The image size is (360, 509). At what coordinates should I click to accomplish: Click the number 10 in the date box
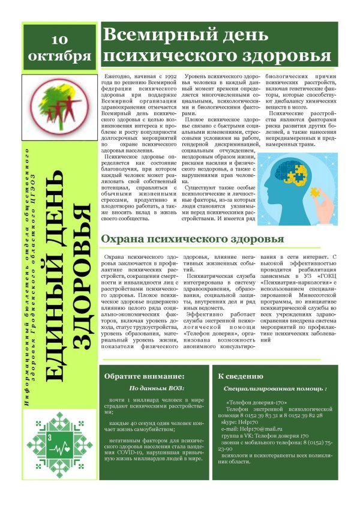59,40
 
